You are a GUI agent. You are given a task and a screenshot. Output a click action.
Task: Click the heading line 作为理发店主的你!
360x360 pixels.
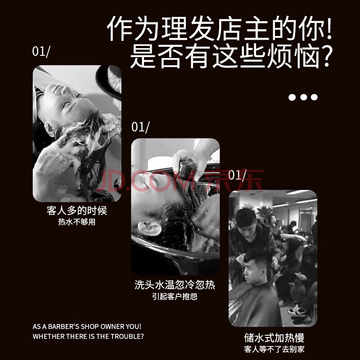(x=220, y=28)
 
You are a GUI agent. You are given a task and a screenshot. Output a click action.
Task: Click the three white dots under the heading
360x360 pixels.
(x=303, y=97)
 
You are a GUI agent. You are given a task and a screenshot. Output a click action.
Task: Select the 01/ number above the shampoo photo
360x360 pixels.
(x=41, y=52)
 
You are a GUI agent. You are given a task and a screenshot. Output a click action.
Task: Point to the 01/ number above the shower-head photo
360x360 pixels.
(x=140, y=127)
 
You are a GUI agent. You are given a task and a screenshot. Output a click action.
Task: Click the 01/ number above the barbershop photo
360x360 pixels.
(x=237, y=175)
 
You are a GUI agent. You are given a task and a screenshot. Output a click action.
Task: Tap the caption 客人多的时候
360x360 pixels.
(x=77, y=211)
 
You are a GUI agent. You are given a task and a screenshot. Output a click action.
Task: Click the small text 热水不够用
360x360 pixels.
(x=76, y=222)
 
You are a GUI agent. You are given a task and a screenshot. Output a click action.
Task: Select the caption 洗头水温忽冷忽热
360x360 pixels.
(x=175, y=285)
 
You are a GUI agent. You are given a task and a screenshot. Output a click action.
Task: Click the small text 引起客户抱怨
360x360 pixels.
(x=175, y=297)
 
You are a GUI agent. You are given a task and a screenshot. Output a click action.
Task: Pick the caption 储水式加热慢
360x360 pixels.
(x=274, y=338)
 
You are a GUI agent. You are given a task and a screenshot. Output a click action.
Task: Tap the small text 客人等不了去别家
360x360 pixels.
(x=274, y=349)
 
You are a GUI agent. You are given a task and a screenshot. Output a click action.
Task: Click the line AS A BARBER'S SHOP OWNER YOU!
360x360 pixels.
(x=87, y=327)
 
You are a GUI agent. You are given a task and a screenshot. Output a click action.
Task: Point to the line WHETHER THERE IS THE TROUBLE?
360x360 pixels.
(x=88, y=336)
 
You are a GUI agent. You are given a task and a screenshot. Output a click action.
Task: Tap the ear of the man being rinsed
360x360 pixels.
(x=149, y=228)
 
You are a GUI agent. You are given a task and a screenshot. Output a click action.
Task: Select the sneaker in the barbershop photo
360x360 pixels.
(x=297, y=310)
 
